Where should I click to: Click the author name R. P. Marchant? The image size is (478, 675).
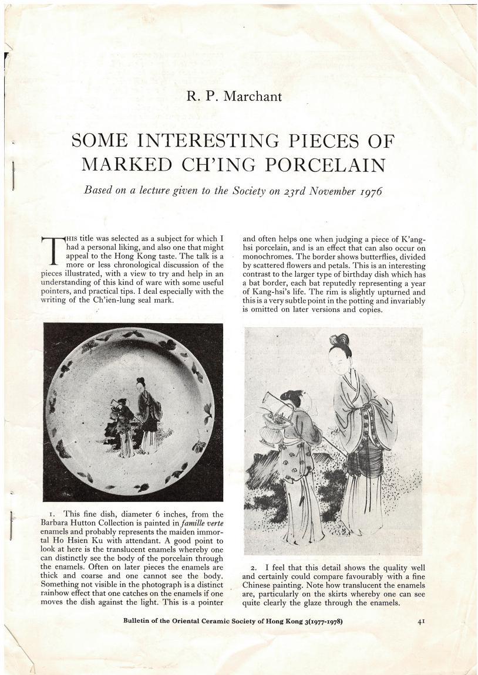pyautogui.click(x=234, y=96)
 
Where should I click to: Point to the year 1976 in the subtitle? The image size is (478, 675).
pyautogui.click(x=370, y=192)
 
